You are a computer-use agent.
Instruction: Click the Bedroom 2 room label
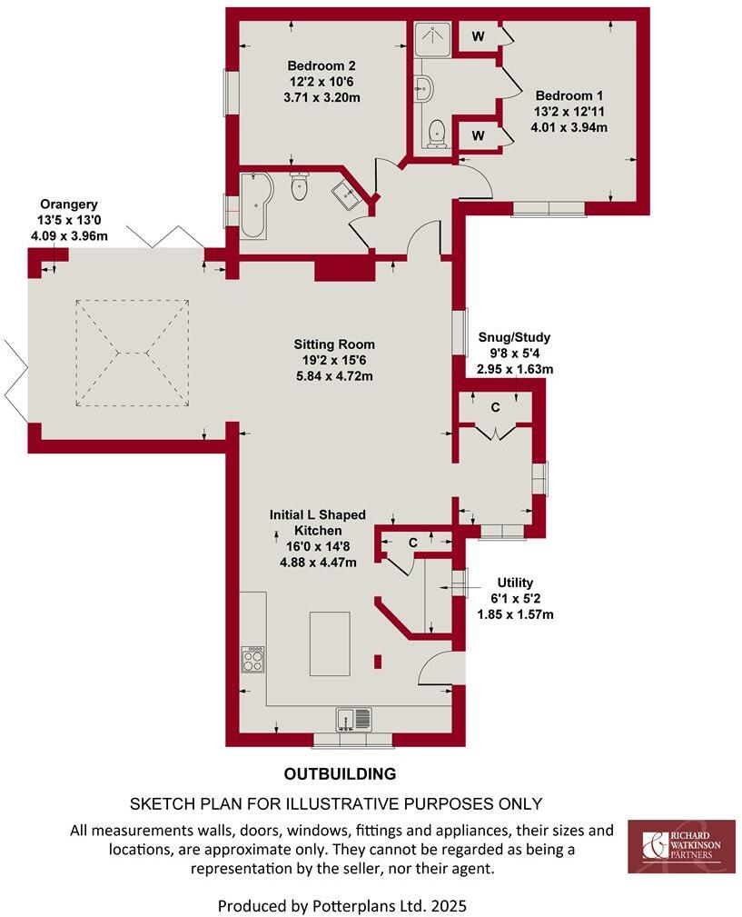point(321,65)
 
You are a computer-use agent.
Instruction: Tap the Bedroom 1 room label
point(569,95)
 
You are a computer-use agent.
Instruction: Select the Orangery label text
point(68,204)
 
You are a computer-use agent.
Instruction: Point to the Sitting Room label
point(333,344)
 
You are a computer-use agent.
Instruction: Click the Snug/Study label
point(515,337)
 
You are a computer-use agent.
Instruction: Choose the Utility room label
point(515,583)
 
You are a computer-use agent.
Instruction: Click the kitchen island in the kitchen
point(329,643)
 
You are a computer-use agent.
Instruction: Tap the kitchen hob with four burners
point(252,659)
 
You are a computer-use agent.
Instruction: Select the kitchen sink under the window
point(352,719)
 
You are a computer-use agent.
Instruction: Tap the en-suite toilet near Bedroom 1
point(438,133)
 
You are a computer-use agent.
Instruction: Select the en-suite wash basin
point(424,88)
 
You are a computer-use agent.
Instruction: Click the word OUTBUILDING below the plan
point(340,774)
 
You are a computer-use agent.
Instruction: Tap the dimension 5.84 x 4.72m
point(333,375)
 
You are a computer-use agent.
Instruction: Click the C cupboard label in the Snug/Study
point(495,408)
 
